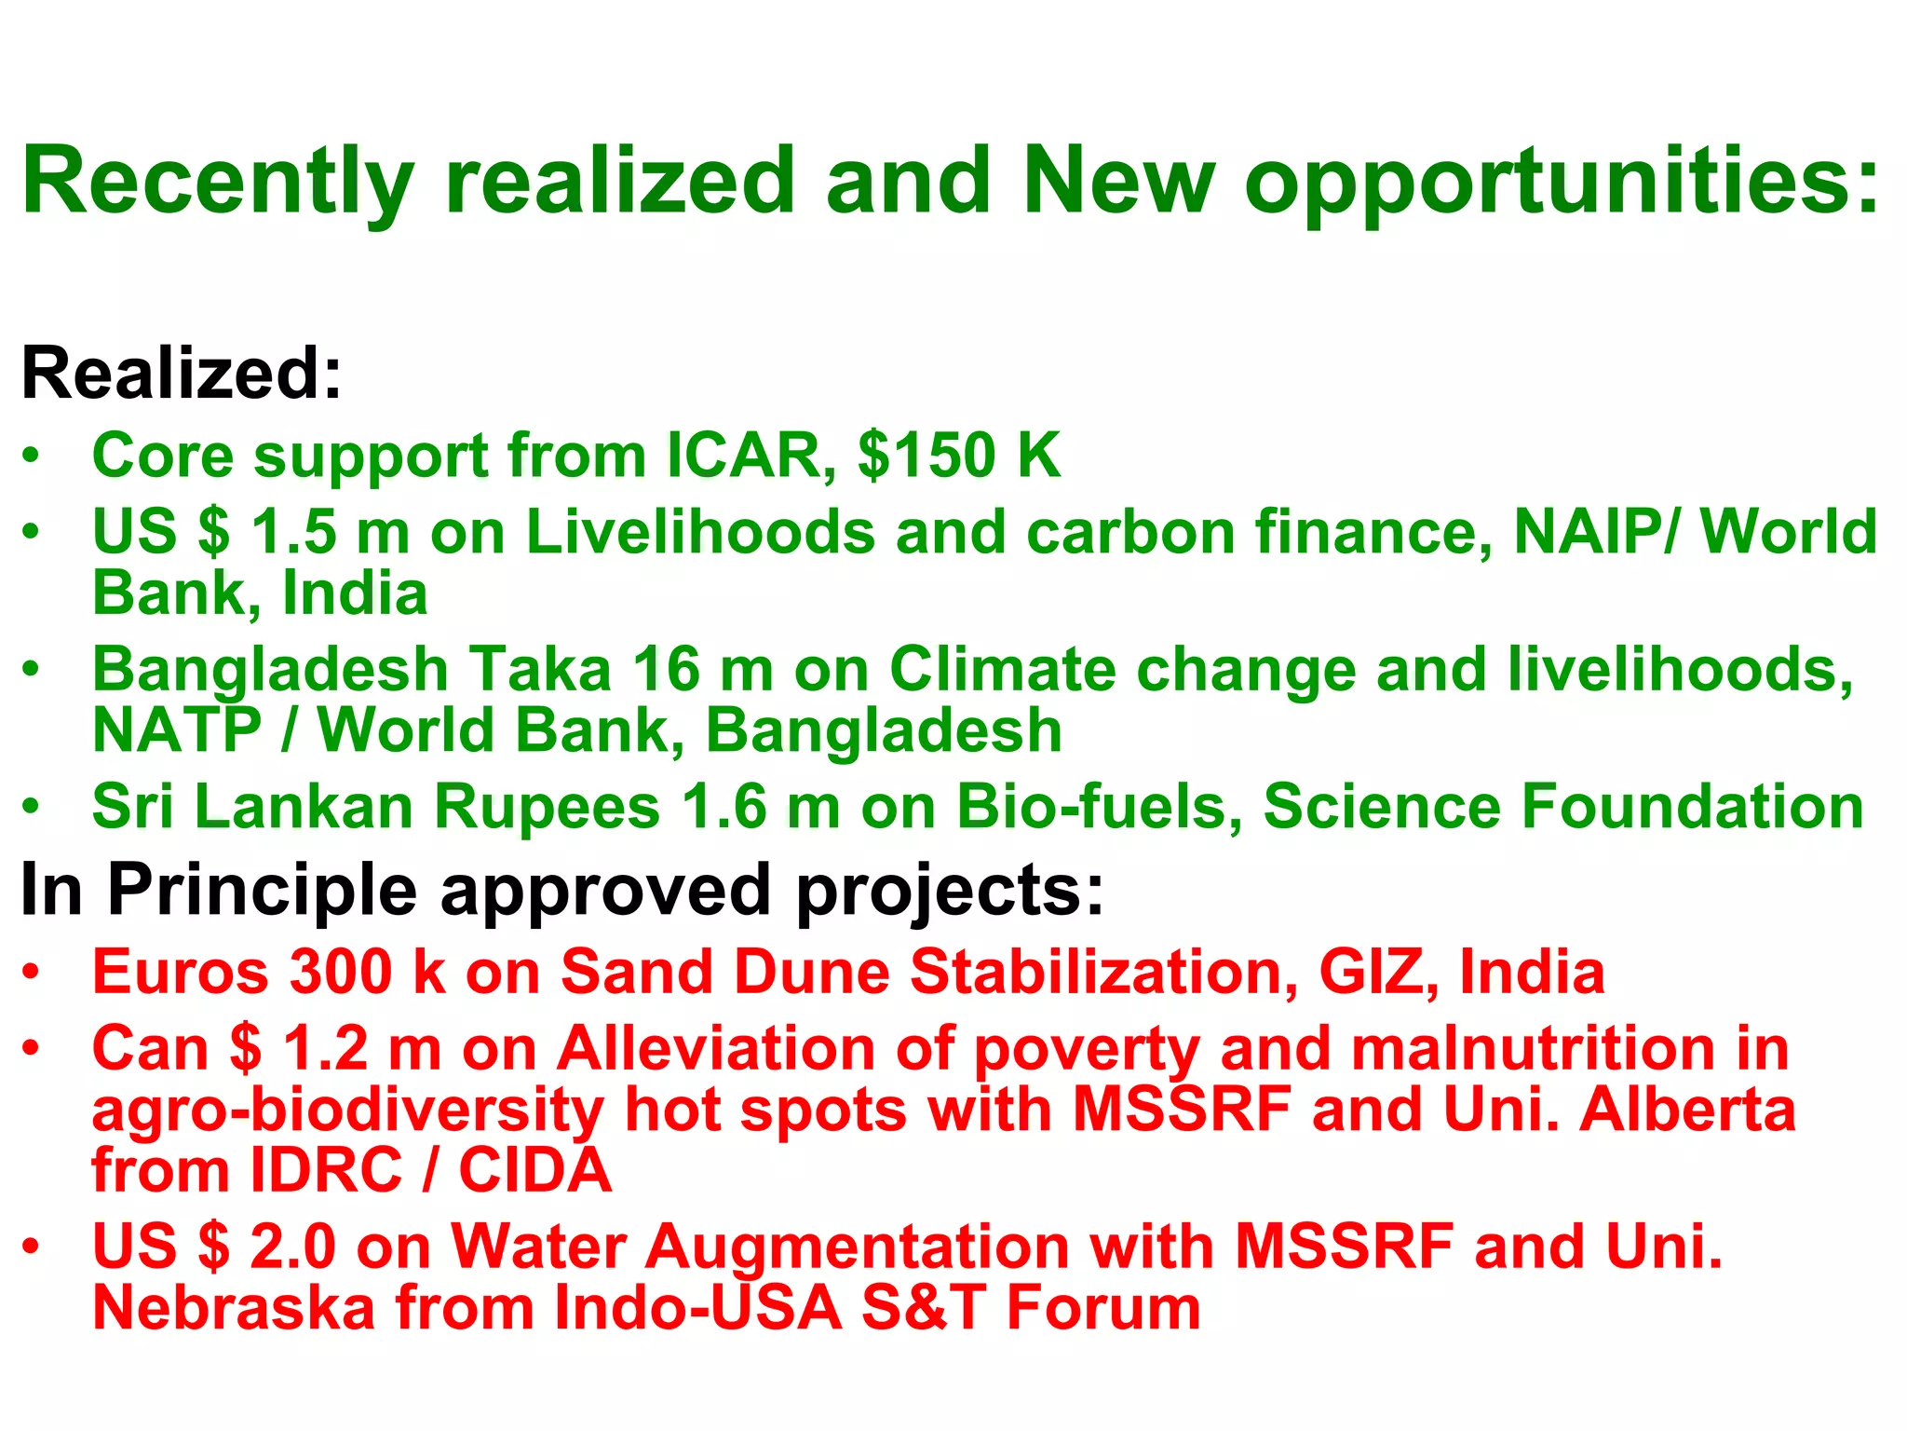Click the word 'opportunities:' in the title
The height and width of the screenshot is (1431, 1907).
point(1562,183)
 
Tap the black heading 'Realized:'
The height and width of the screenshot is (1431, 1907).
point(182,373)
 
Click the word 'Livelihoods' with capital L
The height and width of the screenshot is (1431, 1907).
point(700,532)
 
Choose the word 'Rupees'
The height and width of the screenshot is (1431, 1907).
point(548,807)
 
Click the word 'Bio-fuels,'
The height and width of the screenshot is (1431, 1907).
point(1101,807)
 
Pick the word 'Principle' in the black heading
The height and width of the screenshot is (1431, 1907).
point(263,890)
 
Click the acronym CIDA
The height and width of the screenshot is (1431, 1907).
point(535,1170)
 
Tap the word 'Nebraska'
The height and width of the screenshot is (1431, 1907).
point(233,1307)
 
